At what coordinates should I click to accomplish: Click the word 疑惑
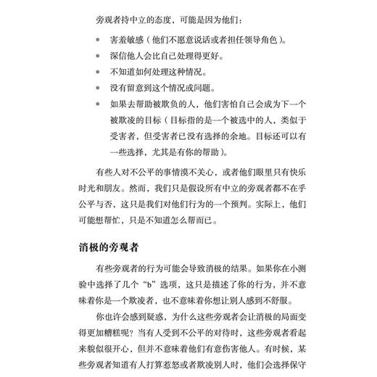(158, 318)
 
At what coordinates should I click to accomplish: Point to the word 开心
(135, 352)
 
